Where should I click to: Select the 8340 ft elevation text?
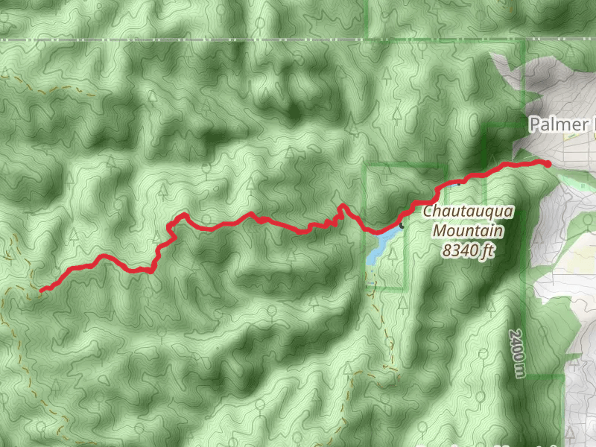click(x=468, y=250)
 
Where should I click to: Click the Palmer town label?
click(x=559, y=124)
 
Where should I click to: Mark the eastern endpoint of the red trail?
click(x=548, y=163)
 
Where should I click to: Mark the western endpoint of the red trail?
click(x=42, y=290)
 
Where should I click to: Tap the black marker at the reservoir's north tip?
click(x=402, y=224)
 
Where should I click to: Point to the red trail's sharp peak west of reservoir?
click(x=341, y=205)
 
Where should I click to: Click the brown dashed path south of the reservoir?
click(x=387, y=343)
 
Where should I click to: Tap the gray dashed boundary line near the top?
click(x=223, y=39)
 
